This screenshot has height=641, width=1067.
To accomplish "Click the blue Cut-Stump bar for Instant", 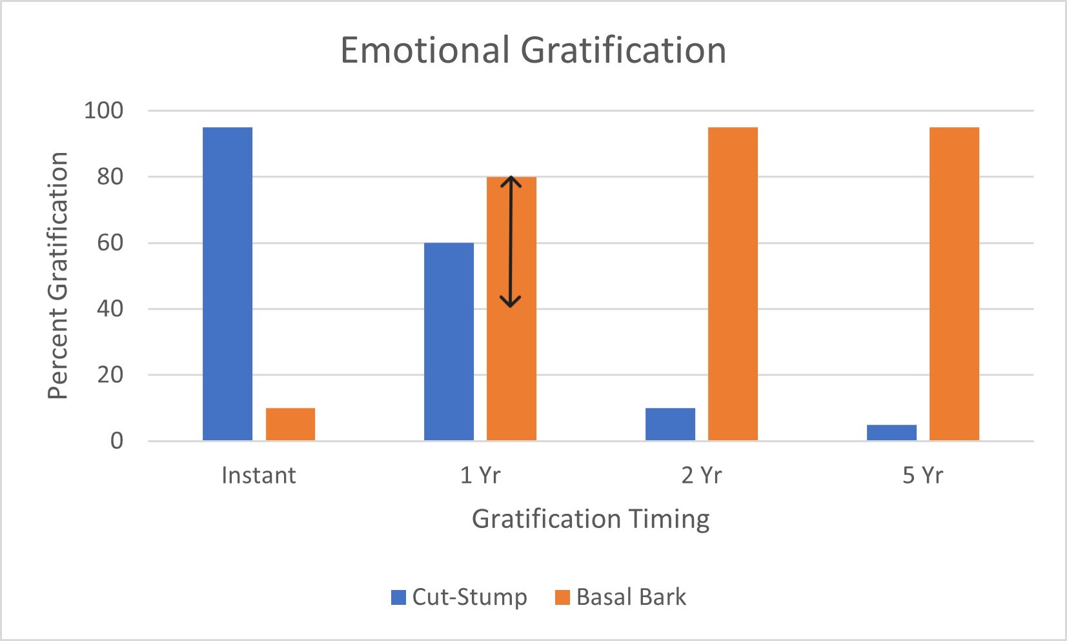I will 227,284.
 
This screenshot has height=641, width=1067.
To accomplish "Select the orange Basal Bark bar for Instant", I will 290,424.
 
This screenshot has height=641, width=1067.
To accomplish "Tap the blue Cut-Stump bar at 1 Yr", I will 449,341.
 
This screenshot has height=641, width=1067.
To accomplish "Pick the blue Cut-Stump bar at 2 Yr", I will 670,424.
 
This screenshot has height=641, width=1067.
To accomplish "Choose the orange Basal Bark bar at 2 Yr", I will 733,284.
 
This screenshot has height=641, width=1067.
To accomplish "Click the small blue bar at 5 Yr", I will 891,432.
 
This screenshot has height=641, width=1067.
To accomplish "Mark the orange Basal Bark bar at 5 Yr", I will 954,284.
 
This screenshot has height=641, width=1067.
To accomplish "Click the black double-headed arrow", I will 511,241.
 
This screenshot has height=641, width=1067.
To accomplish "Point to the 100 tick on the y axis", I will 103,110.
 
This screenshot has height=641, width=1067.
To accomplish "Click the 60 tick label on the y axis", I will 110,243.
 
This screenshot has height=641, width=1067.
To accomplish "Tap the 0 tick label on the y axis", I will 117,441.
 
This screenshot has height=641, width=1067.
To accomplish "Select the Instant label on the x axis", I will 258,476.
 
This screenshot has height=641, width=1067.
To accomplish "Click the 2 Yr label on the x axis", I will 702,476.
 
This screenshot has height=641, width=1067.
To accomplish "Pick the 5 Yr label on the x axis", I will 922,476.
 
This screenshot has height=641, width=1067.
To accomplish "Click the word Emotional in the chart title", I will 425,50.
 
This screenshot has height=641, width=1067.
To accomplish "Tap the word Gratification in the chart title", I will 624,50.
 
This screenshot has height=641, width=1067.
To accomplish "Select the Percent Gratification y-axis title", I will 58,276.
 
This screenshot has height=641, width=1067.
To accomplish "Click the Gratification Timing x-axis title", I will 591,519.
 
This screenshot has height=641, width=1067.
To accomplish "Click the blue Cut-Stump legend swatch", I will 398,597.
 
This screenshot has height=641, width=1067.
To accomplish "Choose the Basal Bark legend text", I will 631,597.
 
